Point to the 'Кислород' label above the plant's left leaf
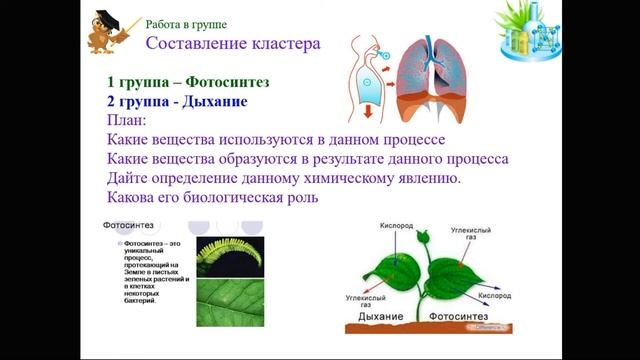[x=389, y=226]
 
